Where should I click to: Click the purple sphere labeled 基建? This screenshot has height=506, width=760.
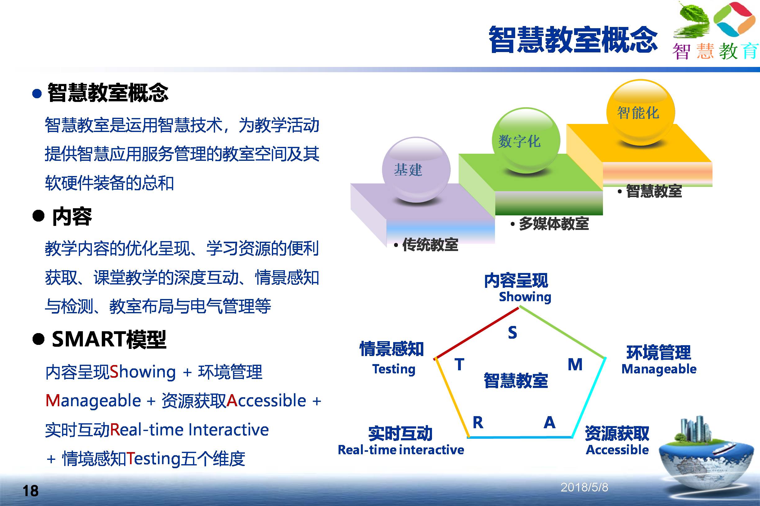(x=416, y=170)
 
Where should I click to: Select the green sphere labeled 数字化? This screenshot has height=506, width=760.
(x=526, y=140)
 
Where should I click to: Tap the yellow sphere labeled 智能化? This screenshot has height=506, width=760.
(x=641, y=112)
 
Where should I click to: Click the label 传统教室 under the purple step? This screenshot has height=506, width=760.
(x=430, y=245)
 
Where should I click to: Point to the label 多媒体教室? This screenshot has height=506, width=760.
(x=554, y=224)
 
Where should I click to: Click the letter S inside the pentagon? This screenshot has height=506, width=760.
(x=512, y=332)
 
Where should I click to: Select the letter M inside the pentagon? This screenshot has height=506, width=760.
(x=575, y=365)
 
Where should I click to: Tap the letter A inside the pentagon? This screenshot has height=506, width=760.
(x=550, y=422)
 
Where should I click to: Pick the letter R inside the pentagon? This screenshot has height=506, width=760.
(x=478, y=422)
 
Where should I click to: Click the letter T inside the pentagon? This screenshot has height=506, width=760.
(x=459, y=365)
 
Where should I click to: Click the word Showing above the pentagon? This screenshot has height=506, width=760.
(x=525, y=297)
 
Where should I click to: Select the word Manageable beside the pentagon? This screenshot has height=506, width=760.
(x=659, y=369)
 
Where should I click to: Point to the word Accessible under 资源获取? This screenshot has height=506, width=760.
(x=617, y=450)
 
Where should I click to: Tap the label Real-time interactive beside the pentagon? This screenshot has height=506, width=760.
(x=401, y=450)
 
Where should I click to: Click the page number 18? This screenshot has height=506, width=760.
(x=30, y=491)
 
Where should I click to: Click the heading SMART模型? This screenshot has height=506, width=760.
(x=109, y=340)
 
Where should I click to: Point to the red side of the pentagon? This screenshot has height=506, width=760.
(x=477, y=333)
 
